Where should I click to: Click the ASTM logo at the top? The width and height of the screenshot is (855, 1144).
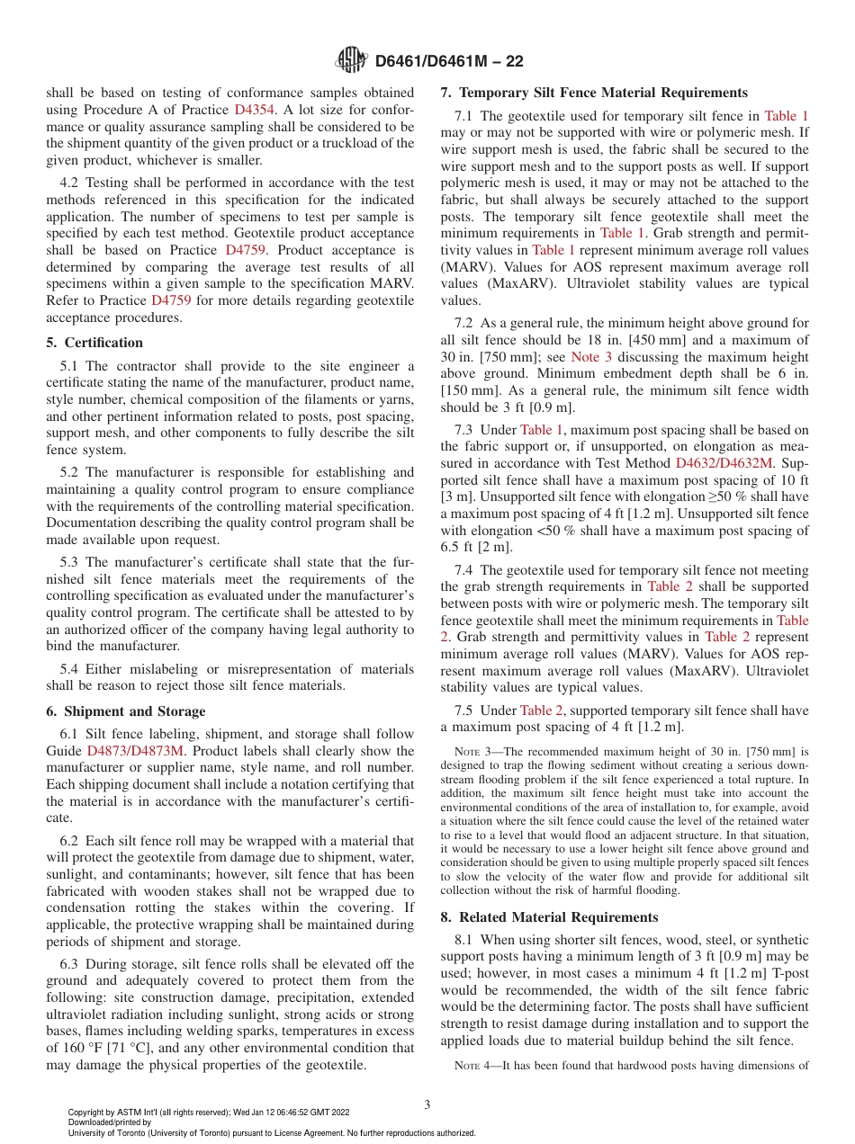pos(351,60)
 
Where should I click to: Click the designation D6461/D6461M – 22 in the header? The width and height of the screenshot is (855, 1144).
pos(448,61)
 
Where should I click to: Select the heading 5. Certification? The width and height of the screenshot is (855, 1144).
pos(94,343)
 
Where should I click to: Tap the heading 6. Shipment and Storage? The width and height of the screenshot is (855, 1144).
pos(126,711)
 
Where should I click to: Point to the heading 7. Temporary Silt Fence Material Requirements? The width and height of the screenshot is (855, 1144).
pos(594,93)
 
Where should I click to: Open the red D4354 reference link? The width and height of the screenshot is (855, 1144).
pos(255,109)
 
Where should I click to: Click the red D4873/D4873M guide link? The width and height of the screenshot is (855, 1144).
pos(135,750)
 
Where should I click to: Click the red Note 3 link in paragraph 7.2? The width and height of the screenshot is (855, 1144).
pos(591,357)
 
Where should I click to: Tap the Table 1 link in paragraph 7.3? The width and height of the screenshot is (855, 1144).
pos(542,430)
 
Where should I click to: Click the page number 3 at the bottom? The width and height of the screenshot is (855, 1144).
pos(427,1105)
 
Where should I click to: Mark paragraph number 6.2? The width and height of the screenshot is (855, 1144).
pos(70,841)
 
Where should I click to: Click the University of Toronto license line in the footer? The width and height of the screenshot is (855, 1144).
pos(272,1132)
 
